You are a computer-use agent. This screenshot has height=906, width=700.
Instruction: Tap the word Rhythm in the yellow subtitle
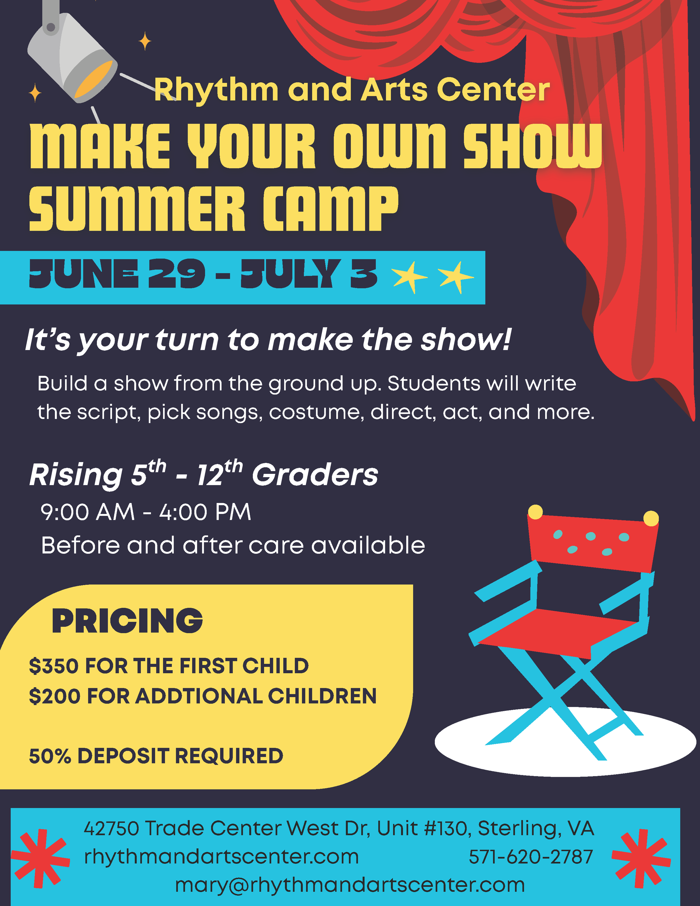click(x=216, y=90)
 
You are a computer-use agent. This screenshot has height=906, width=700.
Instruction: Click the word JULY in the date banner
click(x=290, y=274)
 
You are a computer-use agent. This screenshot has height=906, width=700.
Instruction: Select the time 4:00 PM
click(x=205, y=512)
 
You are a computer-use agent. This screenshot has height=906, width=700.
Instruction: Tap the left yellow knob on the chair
click(x=535, y=512)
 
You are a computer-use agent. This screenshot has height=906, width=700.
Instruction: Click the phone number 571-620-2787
click(x=531, y=857)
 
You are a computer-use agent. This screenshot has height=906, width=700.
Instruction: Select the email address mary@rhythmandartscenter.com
click(x=350, y=885)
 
